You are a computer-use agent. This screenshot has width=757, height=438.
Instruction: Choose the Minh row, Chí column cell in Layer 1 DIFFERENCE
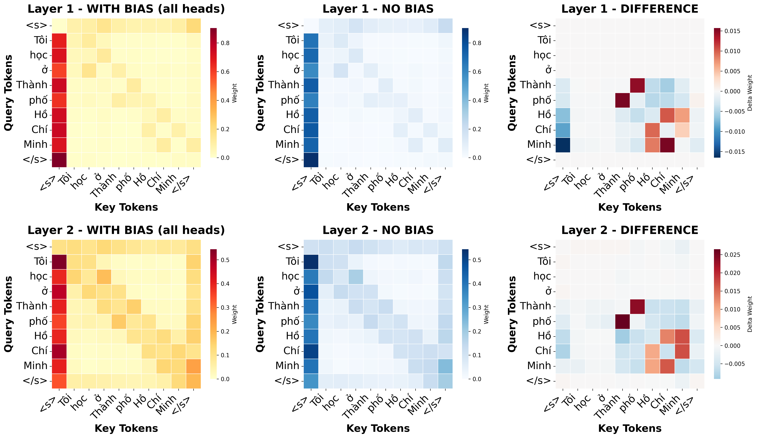[667, 145]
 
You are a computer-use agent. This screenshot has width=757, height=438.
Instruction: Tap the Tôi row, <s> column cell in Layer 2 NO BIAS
[311, 261]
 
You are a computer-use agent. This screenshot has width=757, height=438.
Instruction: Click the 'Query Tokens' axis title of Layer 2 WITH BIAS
[8, 314]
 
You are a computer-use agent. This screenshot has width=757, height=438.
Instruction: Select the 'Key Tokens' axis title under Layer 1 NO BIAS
[378, 207]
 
